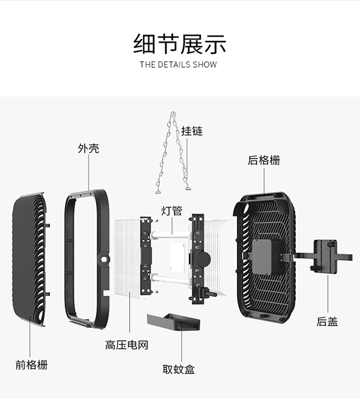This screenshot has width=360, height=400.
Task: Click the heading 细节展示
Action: tap(179, 44)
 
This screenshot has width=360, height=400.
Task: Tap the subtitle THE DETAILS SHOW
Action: tap(178, 65)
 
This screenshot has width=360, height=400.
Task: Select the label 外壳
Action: tap(88, 149)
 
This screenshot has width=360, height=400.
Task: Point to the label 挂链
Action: tap(192, 131)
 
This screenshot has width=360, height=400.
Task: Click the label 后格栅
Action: tap(264, 160)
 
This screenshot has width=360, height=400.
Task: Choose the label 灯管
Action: tap(172, 211)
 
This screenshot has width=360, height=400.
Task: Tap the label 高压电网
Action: tap(127, 345)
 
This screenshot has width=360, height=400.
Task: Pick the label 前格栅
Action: tap(31, 365)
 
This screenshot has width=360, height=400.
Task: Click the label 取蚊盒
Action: tap(179, 370)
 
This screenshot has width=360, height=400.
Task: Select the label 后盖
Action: tap(327, 321)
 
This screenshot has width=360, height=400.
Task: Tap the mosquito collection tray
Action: tap(173, 322)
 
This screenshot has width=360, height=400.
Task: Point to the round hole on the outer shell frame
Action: tap(104, 259)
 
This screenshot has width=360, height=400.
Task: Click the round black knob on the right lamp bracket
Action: tap(203, 259)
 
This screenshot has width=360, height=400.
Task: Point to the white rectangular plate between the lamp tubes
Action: tap(177, 257)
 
